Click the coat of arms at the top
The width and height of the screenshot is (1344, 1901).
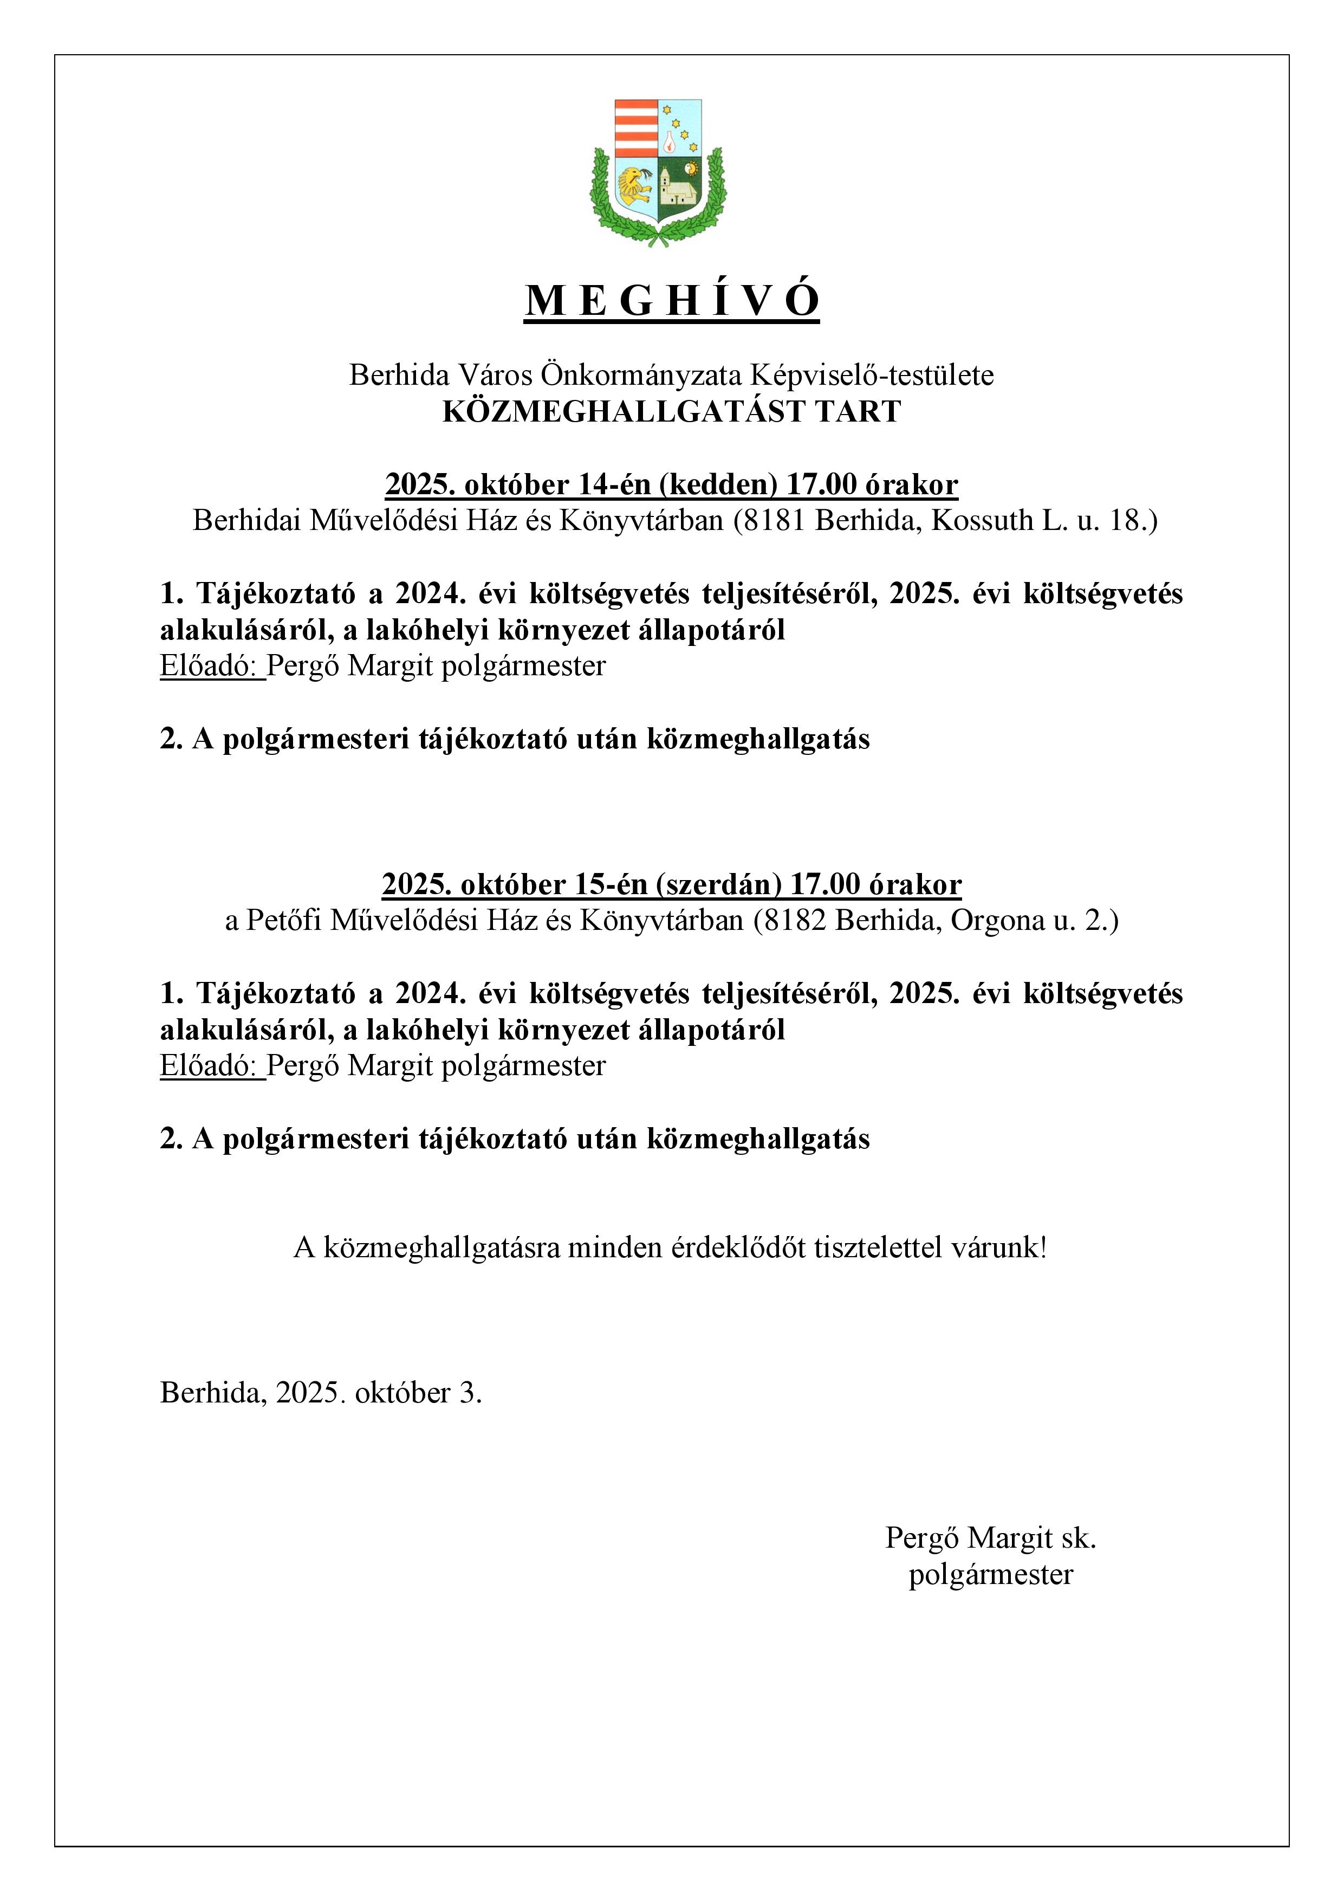pyautogui.click(x=658, y=172)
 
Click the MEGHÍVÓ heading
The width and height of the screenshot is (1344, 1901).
pyautogui.click(x=671, y=301)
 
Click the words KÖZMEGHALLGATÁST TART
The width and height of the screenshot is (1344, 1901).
pyautogui.click(x=671, y=411)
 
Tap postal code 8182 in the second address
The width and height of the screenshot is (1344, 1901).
pyautogui.click(x=794, y=921)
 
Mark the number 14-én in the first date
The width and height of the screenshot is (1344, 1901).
pyautogui.click(x=614, y=484)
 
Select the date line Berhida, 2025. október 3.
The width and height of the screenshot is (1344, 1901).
pyautogui.click(x=321, y=1393)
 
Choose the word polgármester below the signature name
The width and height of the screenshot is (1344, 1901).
pyautogui.click(x=991, y=1574)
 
